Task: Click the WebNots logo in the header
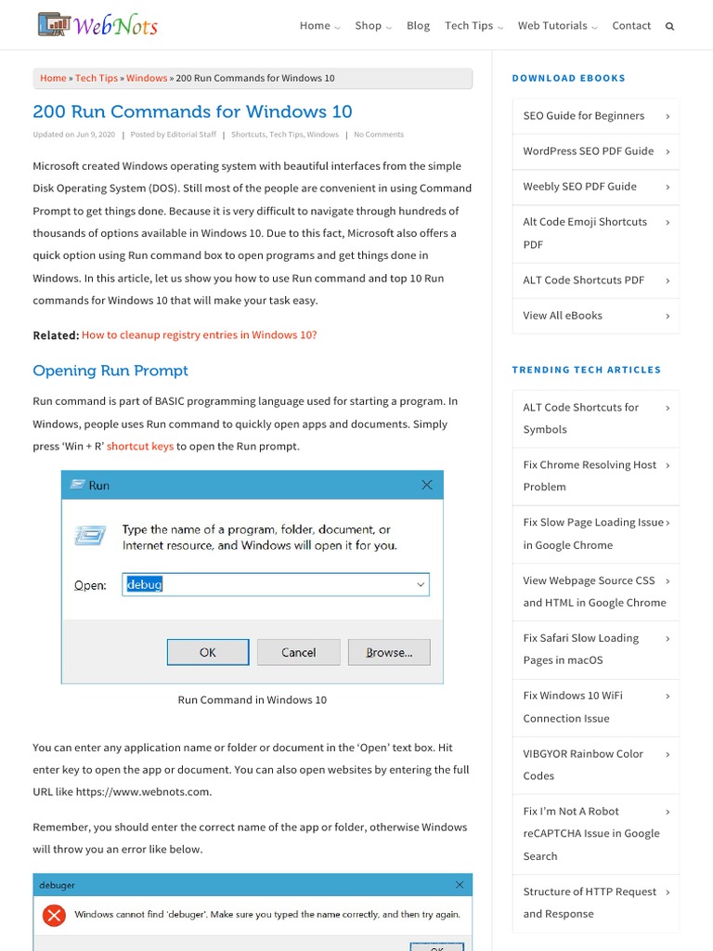(x=97, y=25)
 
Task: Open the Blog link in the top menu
(x=418, y=26)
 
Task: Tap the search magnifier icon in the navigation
(x=669, y=26)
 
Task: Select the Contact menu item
(x=631, y=26)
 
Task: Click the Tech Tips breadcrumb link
(x=97, y=79)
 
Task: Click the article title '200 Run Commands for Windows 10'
(x=192, y=111)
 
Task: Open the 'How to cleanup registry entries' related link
(x=199, y=335)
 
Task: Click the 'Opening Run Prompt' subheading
(x=110, y=371)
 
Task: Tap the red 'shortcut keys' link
(x=140, y=447)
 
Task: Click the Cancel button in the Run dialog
(x=299, y=652)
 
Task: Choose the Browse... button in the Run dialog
(x=389, y=652)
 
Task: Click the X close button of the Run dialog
(x=427, y=485)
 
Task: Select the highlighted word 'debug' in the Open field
(x=145, y=585)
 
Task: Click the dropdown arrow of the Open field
(x=421, y=585)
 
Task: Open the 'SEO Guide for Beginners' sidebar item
(x=583, y=116)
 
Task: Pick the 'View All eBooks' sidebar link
(x=563, y=316)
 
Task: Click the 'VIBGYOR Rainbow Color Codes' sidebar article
(x=582, y=764)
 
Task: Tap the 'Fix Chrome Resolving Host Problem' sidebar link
(x=589, y=475)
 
